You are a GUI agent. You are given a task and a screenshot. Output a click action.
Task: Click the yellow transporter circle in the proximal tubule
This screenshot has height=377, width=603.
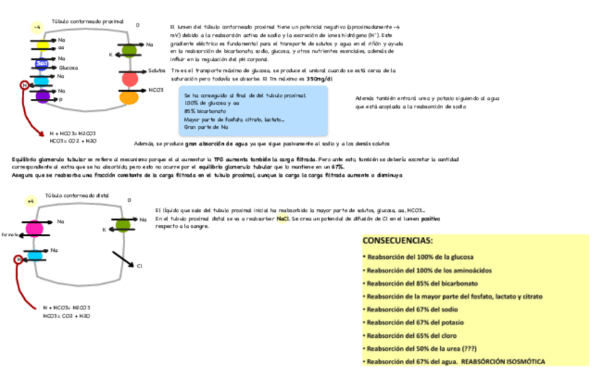coord(43,45)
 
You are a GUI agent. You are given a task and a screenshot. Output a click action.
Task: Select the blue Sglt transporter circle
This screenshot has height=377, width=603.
coord(42,64)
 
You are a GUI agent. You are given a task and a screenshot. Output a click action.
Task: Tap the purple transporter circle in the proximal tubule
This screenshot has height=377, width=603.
coord(43,95)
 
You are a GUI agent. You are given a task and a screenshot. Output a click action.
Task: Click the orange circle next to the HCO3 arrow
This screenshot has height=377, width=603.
coord(129,96)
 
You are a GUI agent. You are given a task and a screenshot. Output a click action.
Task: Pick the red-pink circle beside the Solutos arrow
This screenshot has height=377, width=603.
coord(129,78)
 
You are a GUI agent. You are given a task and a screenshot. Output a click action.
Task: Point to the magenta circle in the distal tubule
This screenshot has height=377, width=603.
coord(35,228)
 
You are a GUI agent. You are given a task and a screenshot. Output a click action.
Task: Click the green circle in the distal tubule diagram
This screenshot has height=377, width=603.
coord(122,225)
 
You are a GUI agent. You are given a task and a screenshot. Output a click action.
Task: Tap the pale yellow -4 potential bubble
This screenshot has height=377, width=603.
coord(36,27)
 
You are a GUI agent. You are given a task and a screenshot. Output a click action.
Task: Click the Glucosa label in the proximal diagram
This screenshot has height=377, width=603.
coord(68,68)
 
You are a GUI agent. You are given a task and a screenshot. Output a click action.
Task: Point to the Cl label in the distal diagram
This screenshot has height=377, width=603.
coord(139,266)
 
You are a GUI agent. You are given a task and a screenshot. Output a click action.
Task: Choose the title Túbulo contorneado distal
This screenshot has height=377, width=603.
coord(78,195)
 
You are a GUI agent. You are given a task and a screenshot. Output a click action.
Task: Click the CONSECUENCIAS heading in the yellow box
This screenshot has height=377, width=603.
coord(397,241)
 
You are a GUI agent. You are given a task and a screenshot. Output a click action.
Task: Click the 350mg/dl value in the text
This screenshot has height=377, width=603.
coord(319,79)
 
